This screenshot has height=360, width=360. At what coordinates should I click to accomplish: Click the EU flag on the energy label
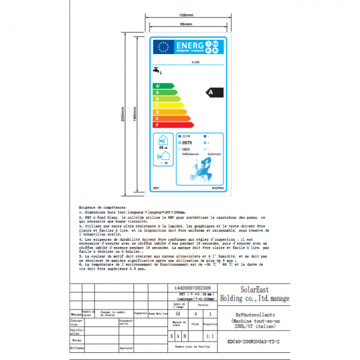click(x=164, y=47)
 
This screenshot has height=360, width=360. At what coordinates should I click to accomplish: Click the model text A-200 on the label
click(x=196, y=62)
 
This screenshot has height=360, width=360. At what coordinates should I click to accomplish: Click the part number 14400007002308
click(x=192, y=287)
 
